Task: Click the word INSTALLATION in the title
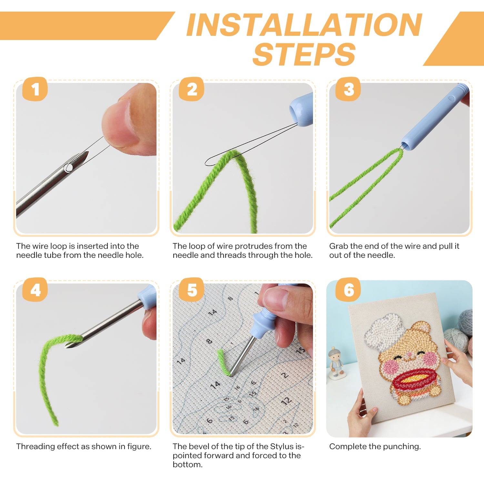coord(304,25)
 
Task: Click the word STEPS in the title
coord(304,54)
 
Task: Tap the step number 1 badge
coord(35,89)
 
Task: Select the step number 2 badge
coord(192,89)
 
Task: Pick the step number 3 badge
coord(348,89)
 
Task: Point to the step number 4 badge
coord(35,290)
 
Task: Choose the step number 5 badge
coord(192,290)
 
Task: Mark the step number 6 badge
coord(348,290)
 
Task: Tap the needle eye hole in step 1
coord(68,167)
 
